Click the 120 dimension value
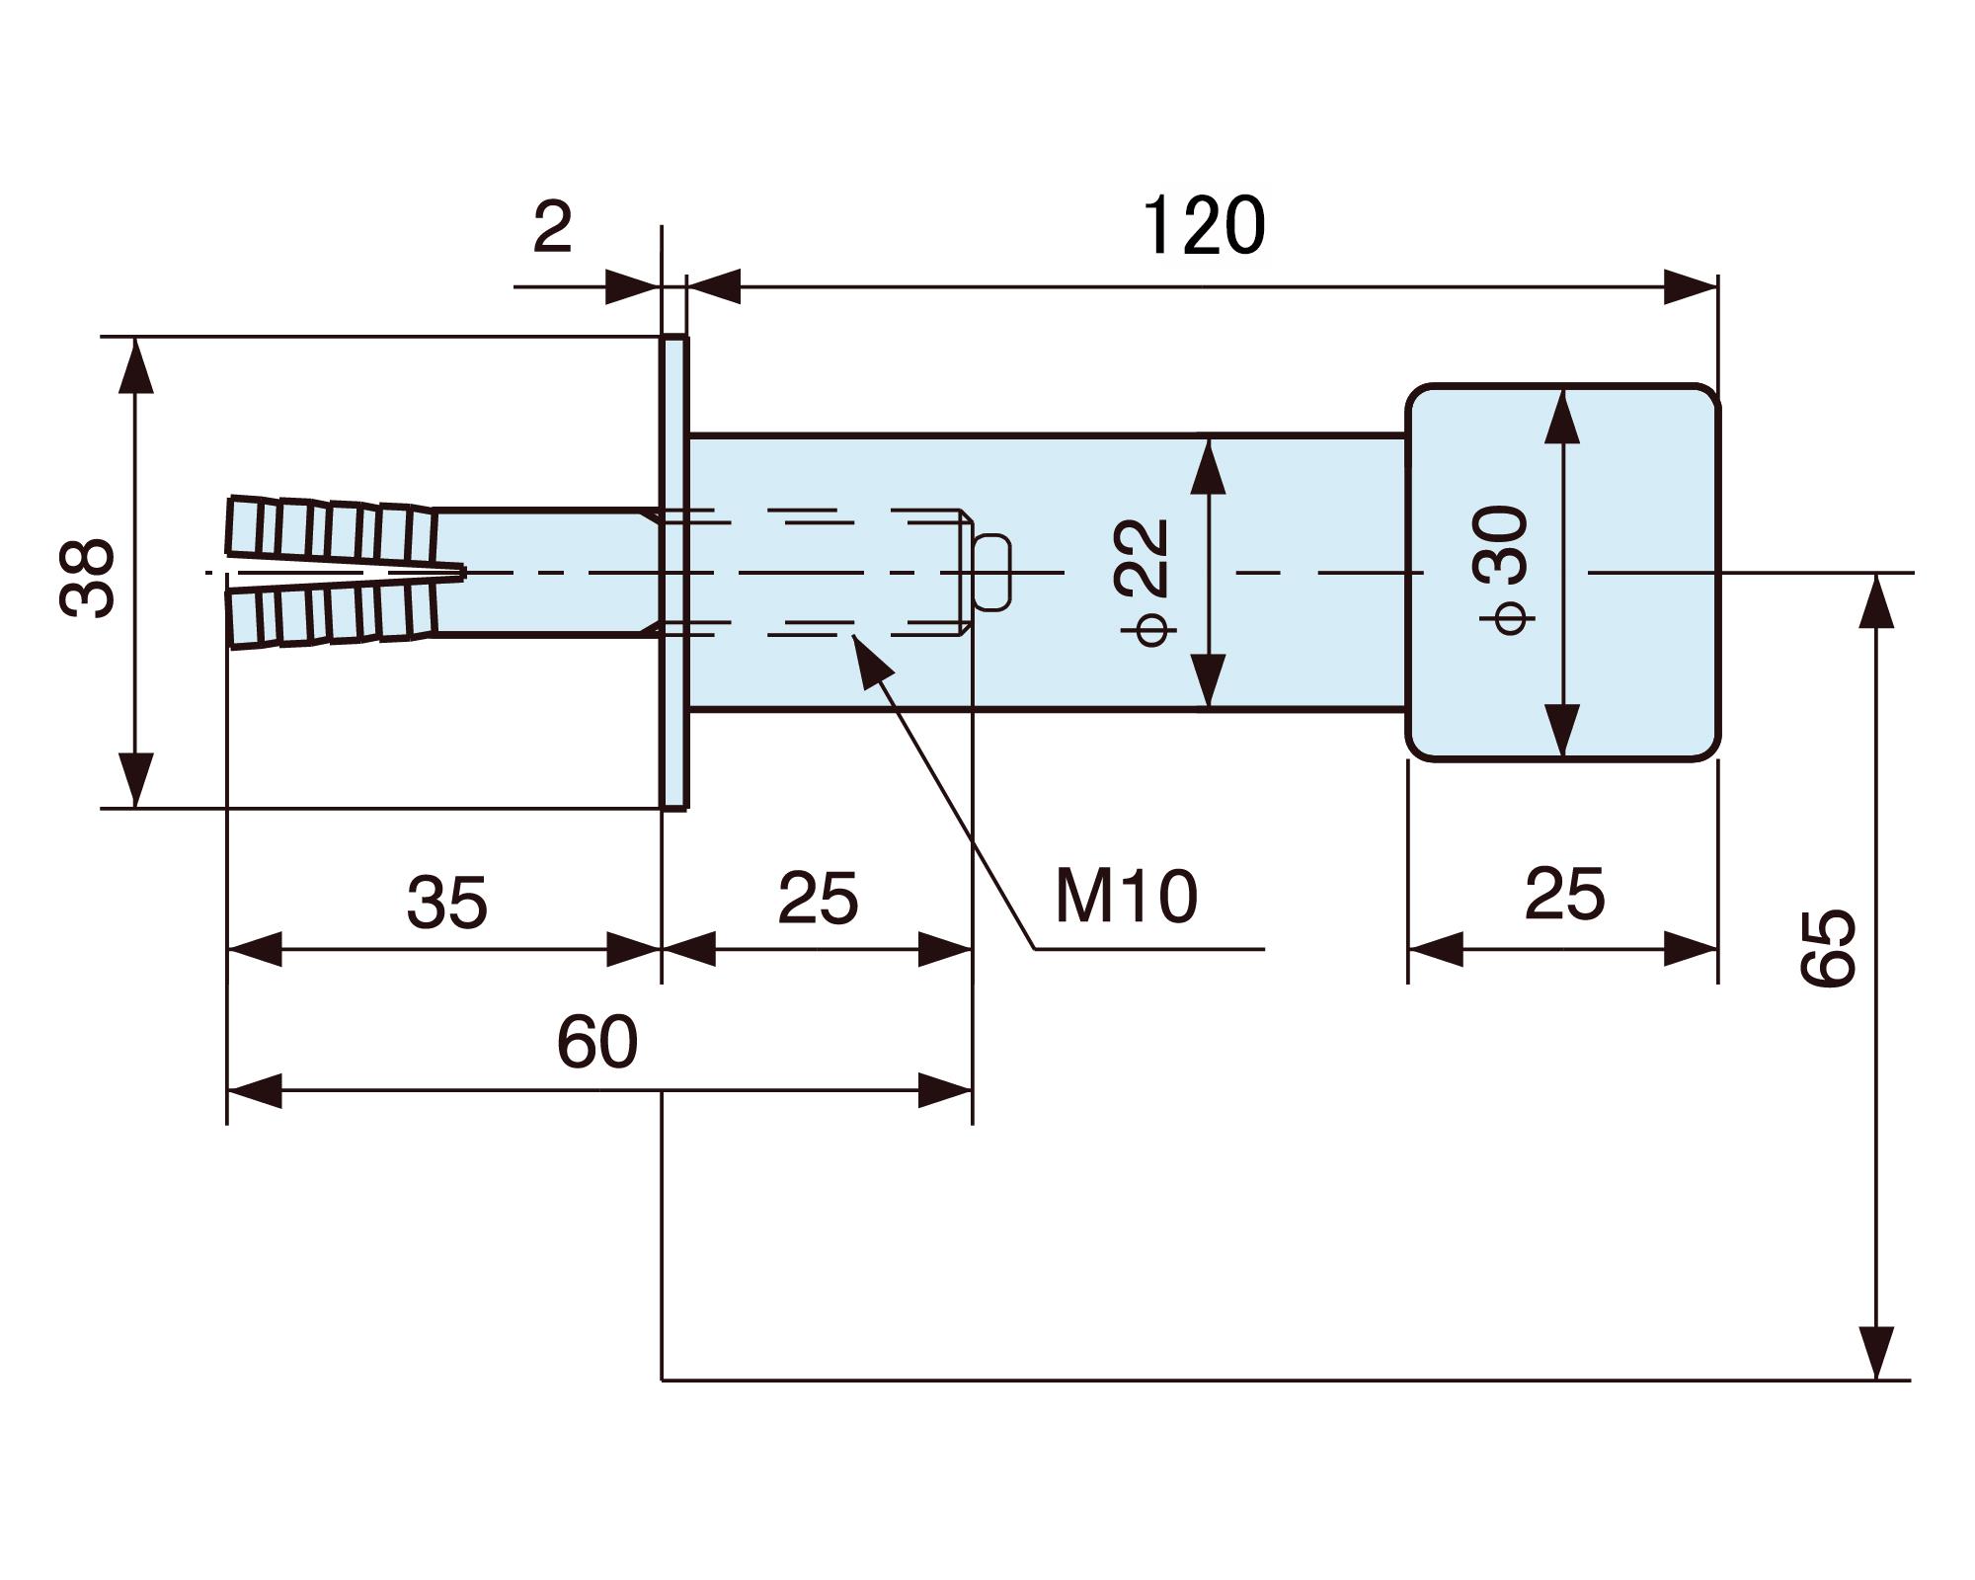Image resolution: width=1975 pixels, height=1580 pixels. coord(1203,226)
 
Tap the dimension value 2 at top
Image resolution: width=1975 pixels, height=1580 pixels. coord(552,227)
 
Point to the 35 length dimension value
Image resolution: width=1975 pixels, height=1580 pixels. coord(446,902)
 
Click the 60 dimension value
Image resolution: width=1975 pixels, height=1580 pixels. coord(597,1042)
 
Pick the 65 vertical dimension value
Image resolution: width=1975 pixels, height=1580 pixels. coord(1828,948)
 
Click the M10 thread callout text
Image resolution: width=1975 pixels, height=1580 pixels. coord(1126,897)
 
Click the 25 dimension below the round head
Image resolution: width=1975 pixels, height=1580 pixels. coord(1564,895)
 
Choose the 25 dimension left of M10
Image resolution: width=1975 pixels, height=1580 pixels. coord(818,899)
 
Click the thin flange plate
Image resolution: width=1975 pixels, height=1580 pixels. coord(674,573)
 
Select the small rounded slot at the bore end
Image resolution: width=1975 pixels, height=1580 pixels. coord(992,572)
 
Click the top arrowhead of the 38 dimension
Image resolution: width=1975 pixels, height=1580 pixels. coord(136,365)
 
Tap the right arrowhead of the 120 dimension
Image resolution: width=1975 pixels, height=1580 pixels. coord(1691,287)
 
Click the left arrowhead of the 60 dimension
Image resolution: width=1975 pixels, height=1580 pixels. coord(255,1090)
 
